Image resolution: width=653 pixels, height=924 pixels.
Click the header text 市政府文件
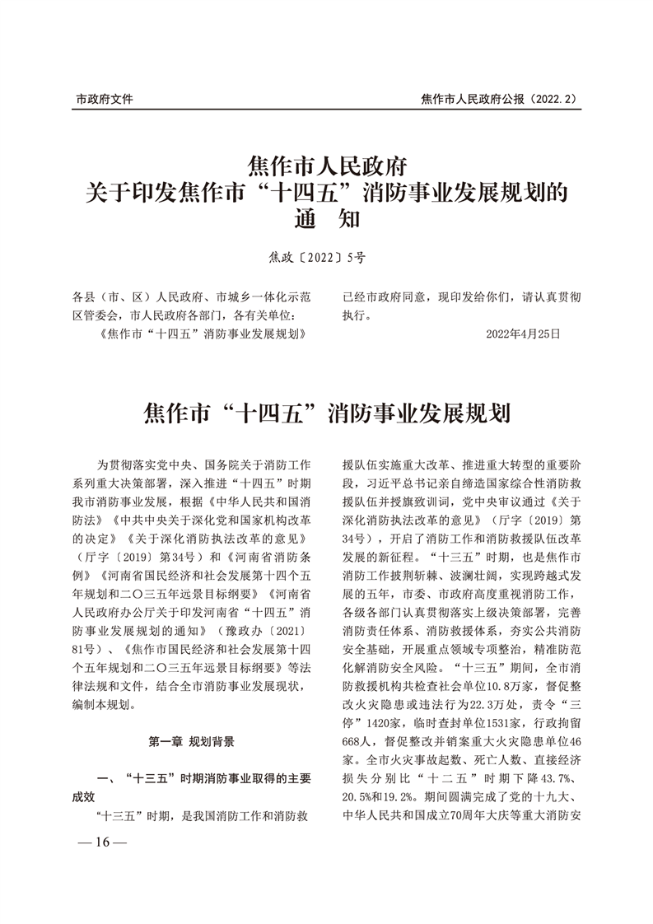coord(105,99)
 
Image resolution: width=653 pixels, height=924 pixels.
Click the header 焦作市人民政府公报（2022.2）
coord(498,99)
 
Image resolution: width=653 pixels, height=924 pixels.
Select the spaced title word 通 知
coord(327,221)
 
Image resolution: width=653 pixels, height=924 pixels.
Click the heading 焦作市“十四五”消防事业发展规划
coord(327,411)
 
